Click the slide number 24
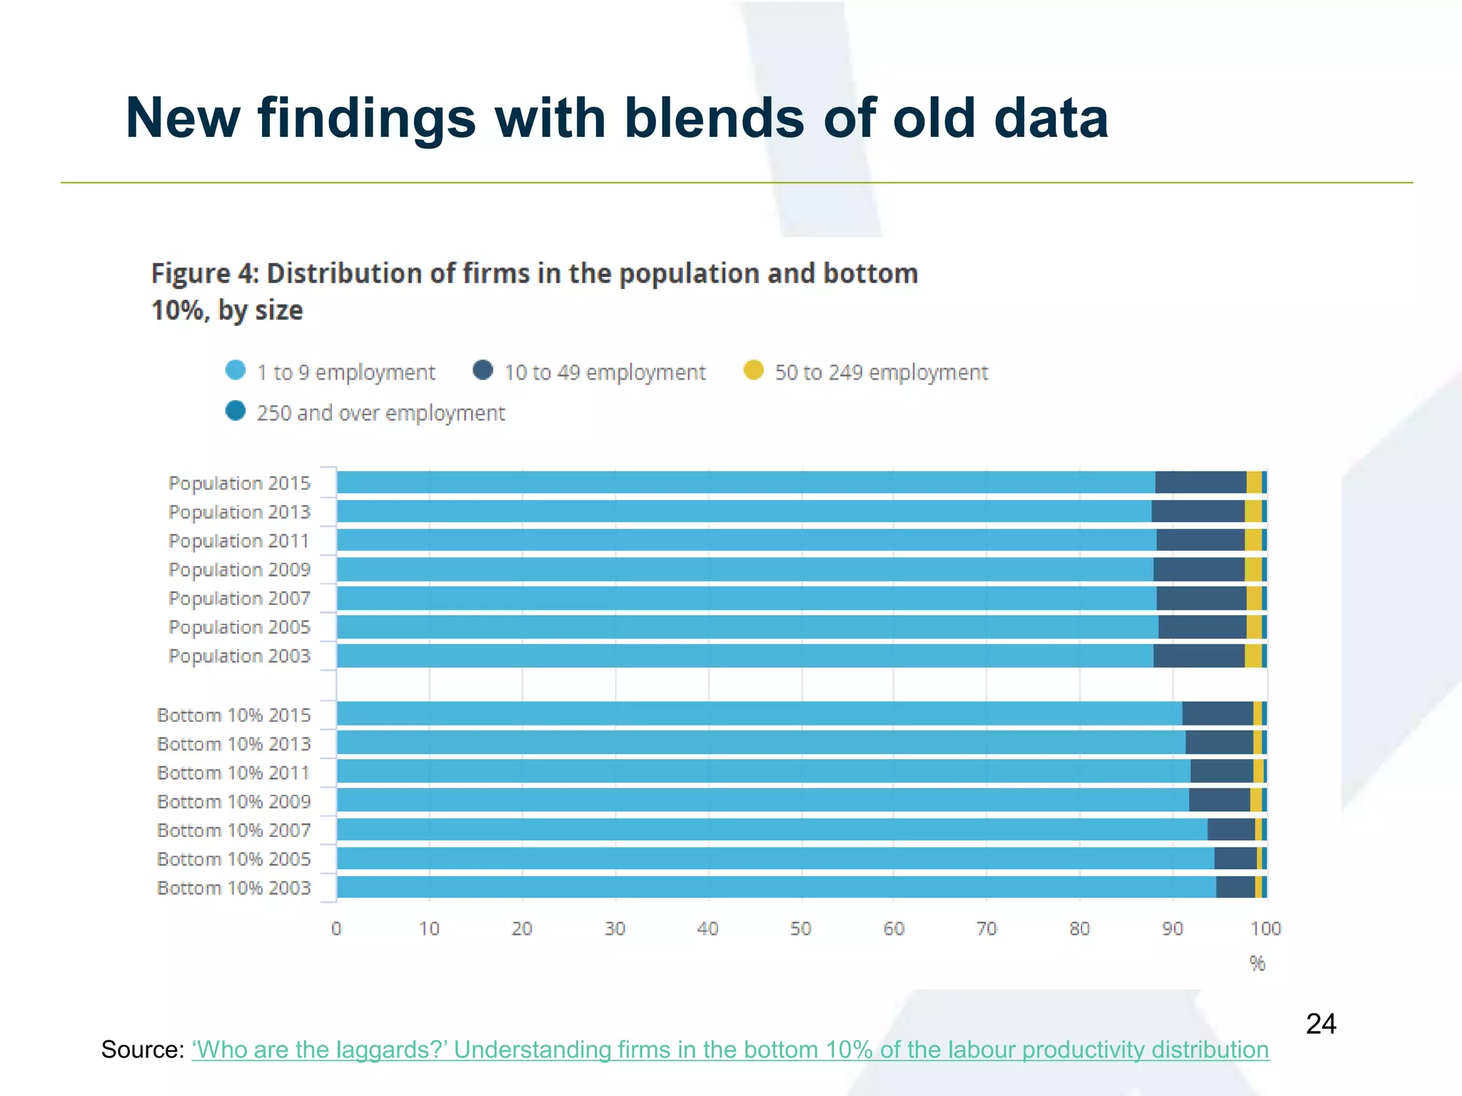tap(1321, 1024)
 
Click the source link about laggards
tap(730, 1050)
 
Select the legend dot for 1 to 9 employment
tap(236, 370)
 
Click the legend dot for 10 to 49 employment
tap(483, 370)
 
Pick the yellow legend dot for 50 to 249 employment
tap(754, 370)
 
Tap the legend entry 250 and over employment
tap(380, 413)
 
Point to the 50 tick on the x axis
tap(801, 928)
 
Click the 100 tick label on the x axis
tap(1266, 928)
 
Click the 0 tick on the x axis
tap(336, 928)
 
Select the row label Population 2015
tap(239, 483)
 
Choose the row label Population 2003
tap(239, 656)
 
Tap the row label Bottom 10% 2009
tap(233, 801)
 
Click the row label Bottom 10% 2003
tap(233, 888)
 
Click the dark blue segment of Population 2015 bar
tap(1200, 483)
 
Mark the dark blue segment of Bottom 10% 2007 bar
tap(1231, 830)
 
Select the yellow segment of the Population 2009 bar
tap(1253, 569)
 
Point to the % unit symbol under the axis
tap(1257, 963)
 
